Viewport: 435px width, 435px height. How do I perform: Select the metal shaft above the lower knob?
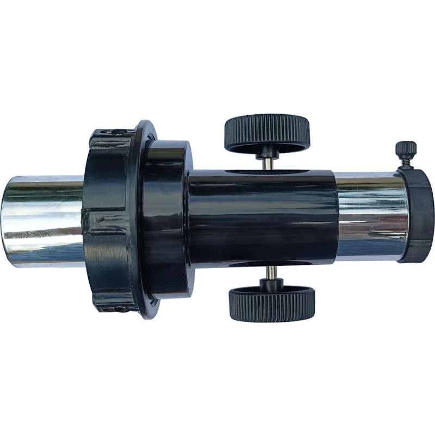point(270,272)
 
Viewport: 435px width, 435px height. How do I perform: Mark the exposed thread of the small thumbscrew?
point(406,162)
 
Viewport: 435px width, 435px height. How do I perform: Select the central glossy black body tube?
point(261,217)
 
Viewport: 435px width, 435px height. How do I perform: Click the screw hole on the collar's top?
point(116,131)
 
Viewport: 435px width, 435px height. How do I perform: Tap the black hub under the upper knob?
point(268,149)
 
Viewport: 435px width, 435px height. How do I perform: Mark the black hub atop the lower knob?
point(270,284)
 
